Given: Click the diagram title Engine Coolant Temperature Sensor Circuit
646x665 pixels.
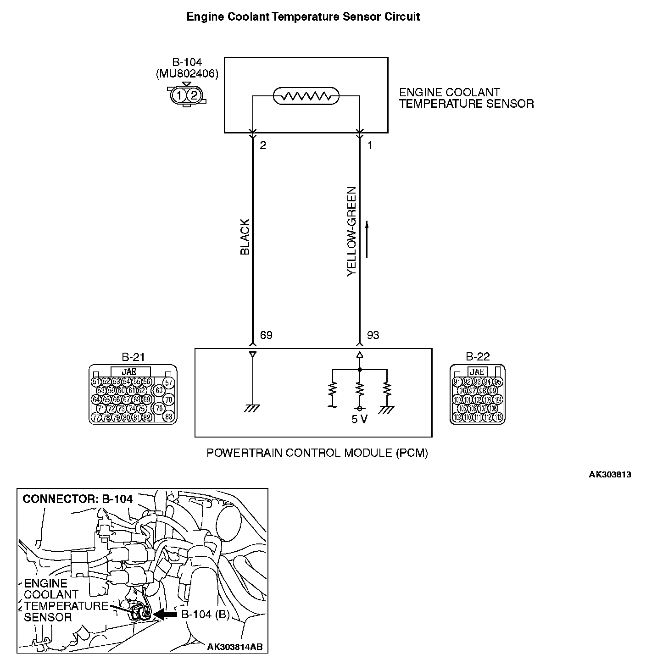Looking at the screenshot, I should point(303,17).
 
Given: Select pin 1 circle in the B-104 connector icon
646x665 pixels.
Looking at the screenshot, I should point(180,95).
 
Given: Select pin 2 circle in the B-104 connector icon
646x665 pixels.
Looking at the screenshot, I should point(194,95).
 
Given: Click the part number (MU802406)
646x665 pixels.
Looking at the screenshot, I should point(187,73).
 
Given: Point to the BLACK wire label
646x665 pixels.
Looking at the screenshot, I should point(245,237).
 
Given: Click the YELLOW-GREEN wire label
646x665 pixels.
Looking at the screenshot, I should point(352,231).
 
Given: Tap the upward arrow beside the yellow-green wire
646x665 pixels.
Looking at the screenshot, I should point(367,238).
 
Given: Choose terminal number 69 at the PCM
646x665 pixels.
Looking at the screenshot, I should point(266,335).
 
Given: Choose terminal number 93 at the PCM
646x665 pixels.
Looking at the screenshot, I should point(373,335).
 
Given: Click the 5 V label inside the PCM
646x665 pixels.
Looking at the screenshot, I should point(360,420).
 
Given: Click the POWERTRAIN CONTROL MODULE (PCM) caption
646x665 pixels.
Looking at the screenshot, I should point(317,453).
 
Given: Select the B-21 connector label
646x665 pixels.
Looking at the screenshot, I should point(133,357).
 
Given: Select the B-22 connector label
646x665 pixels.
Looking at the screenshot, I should point(478,357).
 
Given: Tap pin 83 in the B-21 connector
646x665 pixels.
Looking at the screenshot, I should point(169,416).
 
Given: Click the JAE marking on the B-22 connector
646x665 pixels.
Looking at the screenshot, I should point(478,372).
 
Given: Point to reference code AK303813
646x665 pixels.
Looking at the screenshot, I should point(610,475).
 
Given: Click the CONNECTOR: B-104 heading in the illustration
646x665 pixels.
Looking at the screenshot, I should point(78,499).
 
